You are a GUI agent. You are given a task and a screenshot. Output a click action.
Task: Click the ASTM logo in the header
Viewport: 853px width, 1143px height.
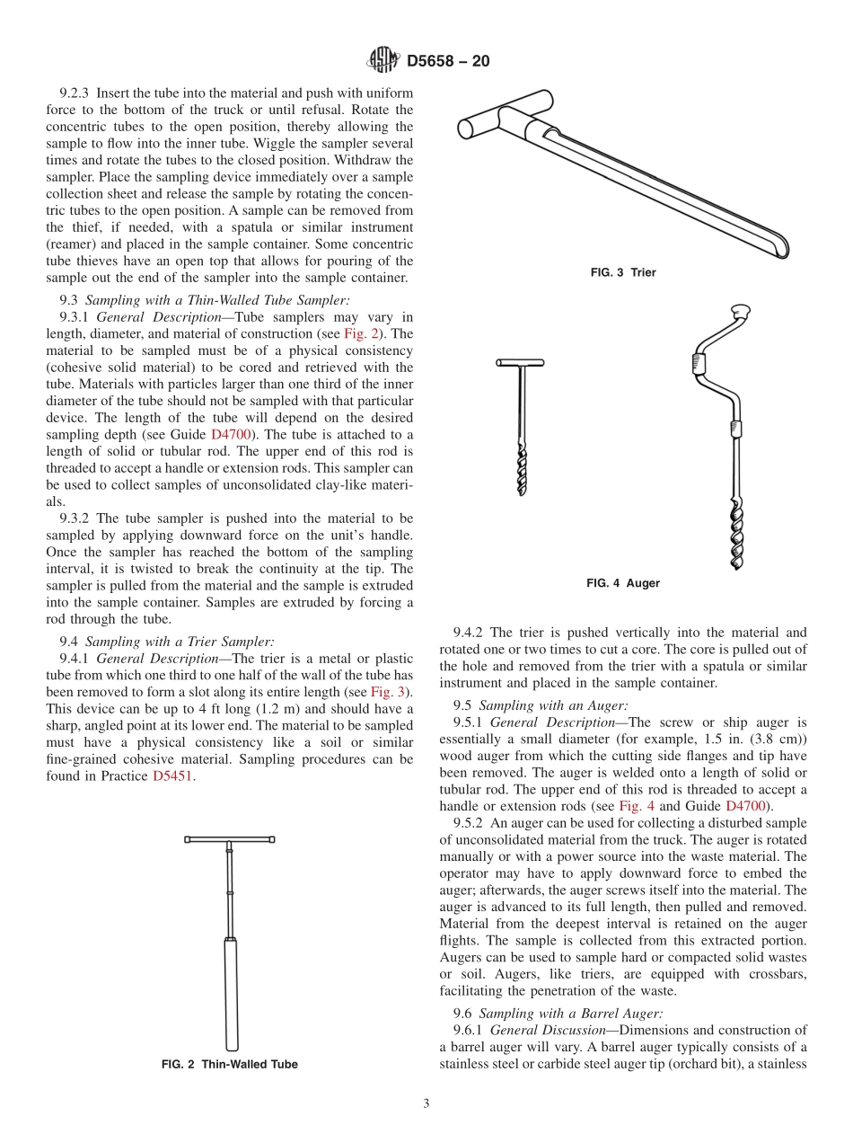pyautogui.click(x=384, y=60)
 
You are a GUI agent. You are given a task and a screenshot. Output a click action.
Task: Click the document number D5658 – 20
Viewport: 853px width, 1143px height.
pyautogui.click(x=448, y=61)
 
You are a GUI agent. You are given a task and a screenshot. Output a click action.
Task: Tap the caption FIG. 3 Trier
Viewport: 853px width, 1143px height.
pyautogui.click(x=623, y=272)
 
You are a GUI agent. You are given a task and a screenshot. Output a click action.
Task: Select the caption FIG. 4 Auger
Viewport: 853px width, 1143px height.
pyautogui.click(x=623, y=583)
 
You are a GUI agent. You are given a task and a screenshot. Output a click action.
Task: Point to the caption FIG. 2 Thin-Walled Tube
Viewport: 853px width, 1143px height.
pyautogui.click(x=230, y=1064)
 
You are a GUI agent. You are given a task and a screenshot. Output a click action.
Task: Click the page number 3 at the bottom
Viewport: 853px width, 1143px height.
pyautogui.click(x=426, y=1103)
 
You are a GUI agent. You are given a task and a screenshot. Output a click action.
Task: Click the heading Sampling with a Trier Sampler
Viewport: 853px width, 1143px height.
pyautogui.click(x=179, y=642)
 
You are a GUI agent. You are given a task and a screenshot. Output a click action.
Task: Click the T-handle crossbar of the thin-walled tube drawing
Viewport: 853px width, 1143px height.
pyautogui.click(x=230, y=839)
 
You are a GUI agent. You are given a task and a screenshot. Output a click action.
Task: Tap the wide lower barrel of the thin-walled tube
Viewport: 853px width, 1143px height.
pyautogui.click(x=231, y=993)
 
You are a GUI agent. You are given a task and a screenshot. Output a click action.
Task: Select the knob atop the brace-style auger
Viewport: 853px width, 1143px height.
pyautogui.click(x=740, y=312)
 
